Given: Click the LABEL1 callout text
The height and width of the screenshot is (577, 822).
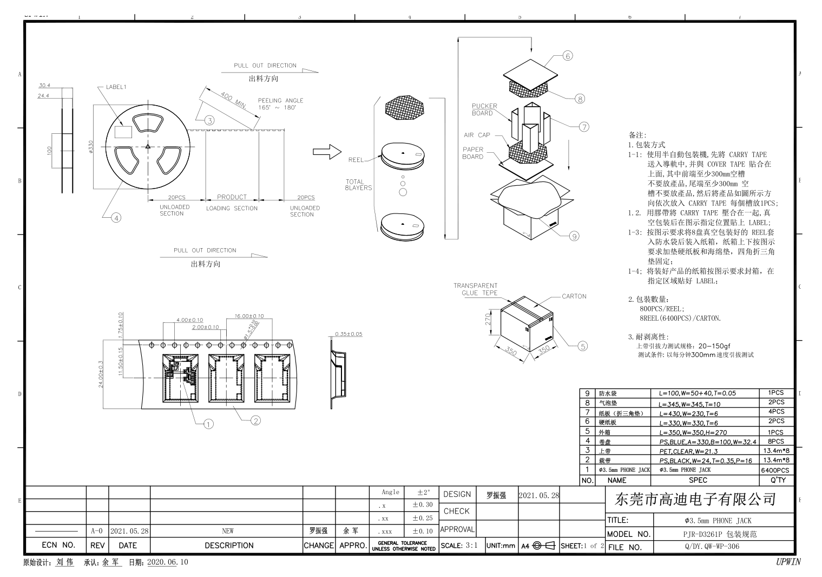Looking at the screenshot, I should (x=116, y=87).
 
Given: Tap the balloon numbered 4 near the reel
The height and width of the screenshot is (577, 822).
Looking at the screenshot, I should (x=116, y=218).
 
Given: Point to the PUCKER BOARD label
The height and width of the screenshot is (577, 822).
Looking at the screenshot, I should (x=484, y=109).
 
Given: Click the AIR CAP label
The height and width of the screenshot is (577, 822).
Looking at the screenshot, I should (x=476, y=135).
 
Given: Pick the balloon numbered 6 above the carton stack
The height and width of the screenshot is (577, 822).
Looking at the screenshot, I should (x=567, y=56).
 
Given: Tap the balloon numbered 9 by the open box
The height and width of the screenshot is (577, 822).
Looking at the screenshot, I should (x=574, y=236).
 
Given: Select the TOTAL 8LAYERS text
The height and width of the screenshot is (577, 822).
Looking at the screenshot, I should (x=358, y=185).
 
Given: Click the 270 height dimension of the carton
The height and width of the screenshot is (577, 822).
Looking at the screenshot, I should (x=488, y=320).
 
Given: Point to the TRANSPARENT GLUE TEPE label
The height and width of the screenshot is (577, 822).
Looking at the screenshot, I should (x=475, y=289).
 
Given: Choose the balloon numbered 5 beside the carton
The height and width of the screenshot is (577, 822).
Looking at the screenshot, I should (x=582, y=346).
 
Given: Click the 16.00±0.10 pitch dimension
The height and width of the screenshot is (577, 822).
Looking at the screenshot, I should (x=249, y=316).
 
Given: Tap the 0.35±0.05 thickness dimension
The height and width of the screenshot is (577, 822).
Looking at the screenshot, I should (x=348, y=334).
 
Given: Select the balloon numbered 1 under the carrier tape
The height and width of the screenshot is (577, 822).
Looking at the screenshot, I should (x=208, y=424).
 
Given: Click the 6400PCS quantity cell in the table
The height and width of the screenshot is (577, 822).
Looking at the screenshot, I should (x=775, y=470).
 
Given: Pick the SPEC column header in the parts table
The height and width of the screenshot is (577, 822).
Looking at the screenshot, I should (x=698, y=480).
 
